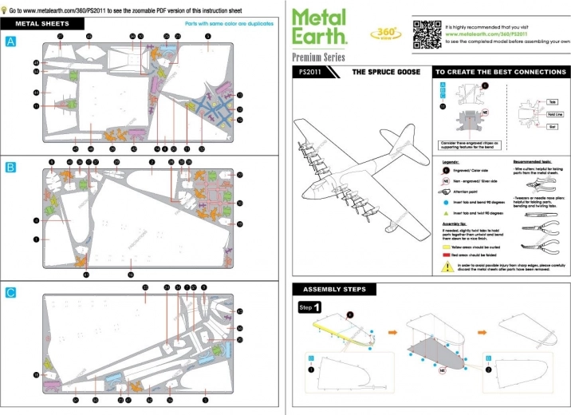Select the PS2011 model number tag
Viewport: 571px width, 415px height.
(310, 71)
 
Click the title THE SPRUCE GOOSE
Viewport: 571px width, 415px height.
(382, 71)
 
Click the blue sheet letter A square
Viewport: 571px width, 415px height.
(10, 41)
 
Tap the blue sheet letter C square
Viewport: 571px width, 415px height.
(10, 293)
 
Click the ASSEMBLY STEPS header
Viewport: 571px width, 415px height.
(329, 289)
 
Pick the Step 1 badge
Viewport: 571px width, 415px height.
(310, 307)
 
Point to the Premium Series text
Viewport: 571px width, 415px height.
(319, 57)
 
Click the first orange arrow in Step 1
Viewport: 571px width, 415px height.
(392, 327)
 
